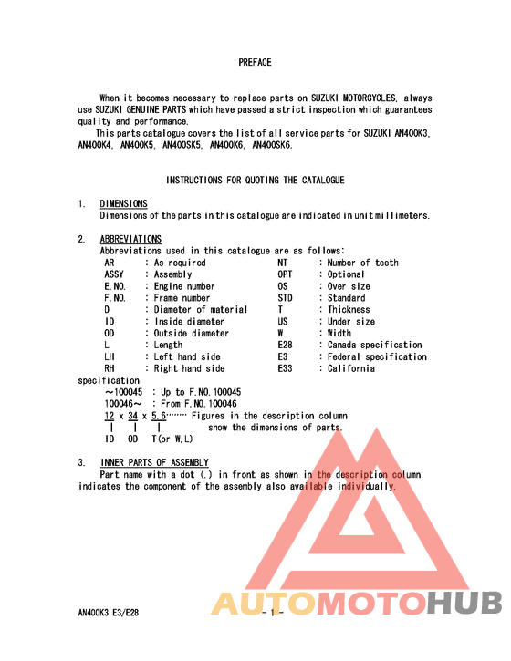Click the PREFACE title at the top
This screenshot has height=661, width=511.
(x=255, y=63)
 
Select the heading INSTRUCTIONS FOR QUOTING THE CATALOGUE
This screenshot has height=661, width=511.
(x=255, y=181)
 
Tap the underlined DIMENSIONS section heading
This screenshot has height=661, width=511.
(x=123, y=203)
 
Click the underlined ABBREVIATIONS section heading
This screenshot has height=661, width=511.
(x=130, y=239)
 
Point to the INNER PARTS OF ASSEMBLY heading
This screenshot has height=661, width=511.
(x=153, y=462)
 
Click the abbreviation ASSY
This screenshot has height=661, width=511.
(x=114, y=274)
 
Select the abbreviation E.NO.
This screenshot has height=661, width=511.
(x=115, y=286)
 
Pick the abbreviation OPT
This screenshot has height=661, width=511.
(x=285, y=274)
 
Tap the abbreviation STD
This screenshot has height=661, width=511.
(x=285, y=298)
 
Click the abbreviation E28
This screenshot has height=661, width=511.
(x=285, y=345)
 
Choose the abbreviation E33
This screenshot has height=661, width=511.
(x=285, y=368)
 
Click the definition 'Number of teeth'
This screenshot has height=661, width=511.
(x=363, y=263)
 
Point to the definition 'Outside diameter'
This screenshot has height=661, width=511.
(x=192, y=334)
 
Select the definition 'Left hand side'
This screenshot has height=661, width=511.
(x=187, y=356)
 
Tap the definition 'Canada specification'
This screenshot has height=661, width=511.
(x=375, y=345)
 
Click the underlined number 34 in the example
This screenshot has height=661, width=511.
(x=132, y=415)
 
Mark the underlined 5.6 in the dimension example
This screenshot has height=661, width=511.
(x=159, y=415)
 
